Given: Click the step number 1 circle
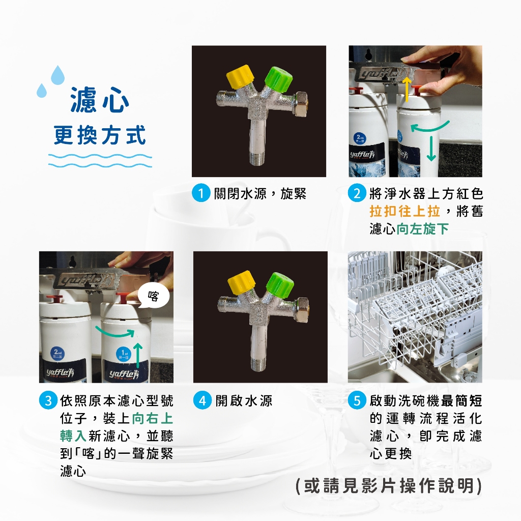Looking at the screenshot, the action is [201, 193].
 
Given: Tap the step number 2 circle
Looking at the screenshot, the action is [357, 193].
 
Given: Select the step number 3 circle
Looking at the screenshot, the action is [48, 400].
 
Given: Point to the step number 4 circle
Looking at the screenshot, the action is [202, 400].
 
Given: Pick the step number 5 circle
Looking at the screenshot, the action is [357, 400].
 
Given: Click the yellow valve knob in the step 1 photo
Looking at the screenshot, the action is [240, 77].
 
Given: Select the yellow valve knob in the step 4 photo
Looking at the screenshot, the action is [242, 283].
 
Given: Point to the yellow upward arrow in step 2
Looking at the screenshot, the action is [406, 90].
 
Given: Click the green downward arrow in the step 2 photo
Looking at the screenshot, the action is [431, 149].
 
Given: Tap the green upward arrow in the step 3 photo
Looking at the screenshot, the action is [137, 356].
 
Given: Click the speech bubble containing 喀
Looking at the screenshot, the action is [154, 296].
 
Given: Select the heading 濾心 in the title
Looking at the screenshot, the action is [100, 100].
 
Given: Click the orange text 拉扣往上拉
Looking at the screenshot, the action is [404, 211].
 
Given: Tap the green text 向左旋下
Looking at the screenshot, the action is [423, 228].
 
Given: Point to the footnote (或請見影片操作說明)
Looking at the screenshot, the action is [388, 486].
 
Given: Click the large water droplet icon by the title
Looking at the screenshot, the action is [57, 75].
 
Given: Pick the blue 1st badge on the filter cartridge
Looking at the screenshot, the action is [123, 354].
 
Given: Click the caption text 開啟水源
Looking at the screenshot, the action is [244, 401].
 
